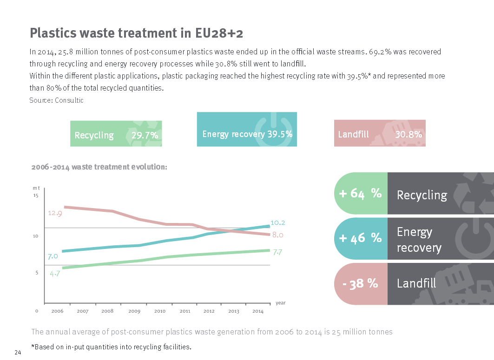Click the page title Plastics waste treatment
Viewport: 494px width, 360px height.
click(137, 33)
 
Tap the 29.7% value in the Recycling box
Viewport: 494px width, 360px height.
click(145, 135)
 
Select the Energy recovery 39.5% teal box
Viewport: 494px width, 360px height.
click(247, 130)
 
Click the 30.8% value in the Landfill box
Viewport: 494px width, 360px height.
click(408, 134)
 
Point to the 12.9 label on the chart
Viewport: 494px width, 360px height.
click(55, 213)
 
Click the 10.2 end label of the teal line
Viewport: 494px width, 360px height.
click(277, 223)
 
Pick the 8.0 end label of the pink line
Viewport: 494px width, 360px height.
click(278, 235)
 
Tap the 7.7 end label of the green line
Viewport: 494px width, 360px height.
click(278, 252)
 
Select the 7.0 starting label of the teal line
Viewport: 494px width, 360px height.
click(53, 256)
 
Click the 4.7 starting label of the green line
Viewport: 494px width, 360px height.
click(55, 273)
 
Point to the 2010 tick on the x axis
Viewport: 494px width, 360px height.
click(159, 311)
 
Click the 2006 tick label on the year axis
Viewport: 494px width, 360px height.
click(57, 311)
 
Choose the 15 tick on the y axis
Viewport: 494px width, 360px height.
click(36, 196)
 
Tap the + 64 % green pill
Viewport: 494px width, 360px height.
click(361, 194)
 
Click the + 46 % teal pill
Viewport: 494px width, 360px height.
click(361, 238)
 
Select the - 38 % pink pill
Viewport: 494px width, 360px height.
click(361, 283)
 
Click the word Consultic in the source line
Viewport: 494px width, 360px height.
click(69, 100)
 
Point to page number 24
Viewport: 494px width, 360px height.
click(18, 352)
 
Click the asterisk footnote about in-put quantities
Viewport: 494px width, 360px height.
click(111, 347)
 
